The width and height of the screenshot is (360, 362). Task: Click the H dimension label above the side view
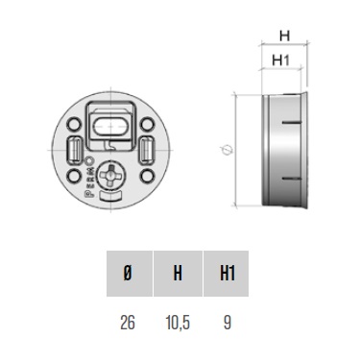click(284, 36)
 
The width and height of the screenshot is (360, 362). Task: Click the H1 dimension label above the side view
click(280, 60)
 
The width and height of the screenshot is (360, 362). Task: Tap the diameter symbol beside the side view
click(227, 150)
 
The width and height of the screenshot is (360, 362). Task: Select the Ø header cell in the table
click(130, 274)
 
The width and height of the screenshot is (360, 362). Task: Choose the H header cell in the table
click(178, 274)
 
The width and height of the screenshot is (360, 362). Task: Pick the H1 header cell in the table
click(227, 274)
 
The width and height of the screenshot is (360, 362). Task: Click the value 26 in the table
click(128, 322)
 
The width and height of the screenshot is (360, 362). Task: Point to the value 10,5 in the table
click(178, 322)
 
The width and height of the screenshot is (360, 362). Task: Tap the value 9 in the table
click(227, 322)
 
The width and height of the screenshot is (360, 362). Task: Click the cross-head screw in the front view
click(111, 175)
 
